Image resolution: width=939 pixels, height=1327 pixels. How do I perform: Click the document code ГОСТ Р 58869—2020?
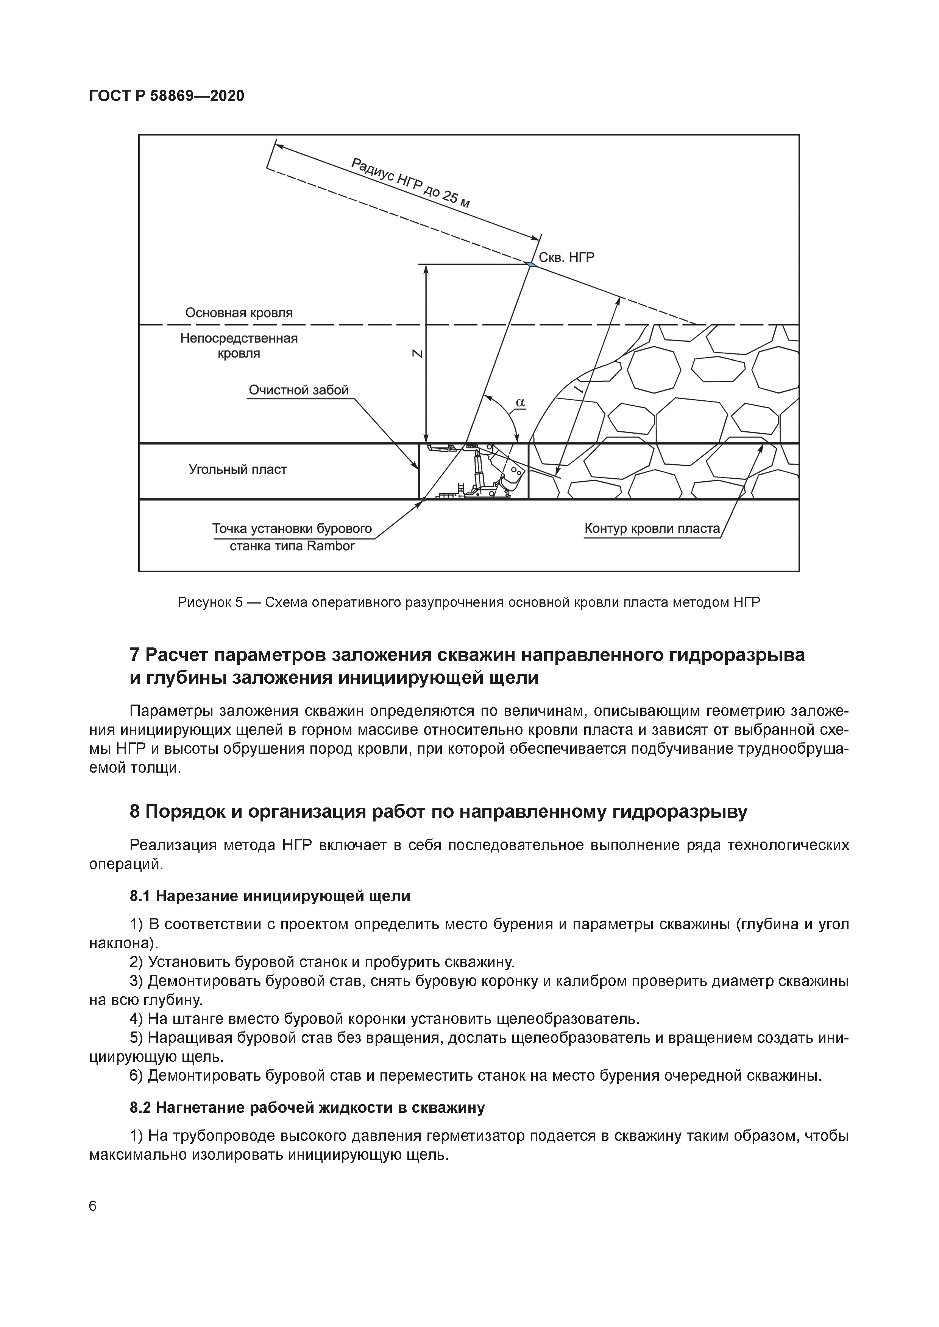tap(167, 96)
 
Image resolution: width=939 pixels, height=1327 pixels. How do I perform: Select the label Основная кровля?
tap(239, 313)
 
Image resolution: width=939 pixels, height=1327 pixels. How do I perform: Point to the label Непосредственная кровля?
tap(239, 345)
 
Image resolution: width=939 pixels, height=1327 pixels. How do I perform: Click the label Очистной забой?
tap(298, 390)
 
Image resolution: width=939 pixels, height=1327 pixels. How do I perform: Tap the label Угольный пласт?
tap(238, 469)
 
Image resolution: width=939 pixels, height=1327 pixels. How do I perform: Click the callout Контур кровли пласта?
tap(652, 528)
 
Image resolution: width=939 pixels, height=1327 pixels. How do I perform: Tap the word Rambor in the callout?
tap(330, 546)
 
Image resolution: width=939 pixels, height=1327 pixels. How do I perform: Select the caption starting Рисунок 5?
tap(469, 603)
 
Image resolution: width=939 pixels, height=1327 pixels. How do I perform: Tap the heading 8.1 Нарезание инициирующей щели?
tap(270, 896)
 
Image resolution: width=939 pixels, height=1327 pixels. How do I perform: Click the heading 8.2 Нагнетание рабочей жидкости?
tap(307, 1108)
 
